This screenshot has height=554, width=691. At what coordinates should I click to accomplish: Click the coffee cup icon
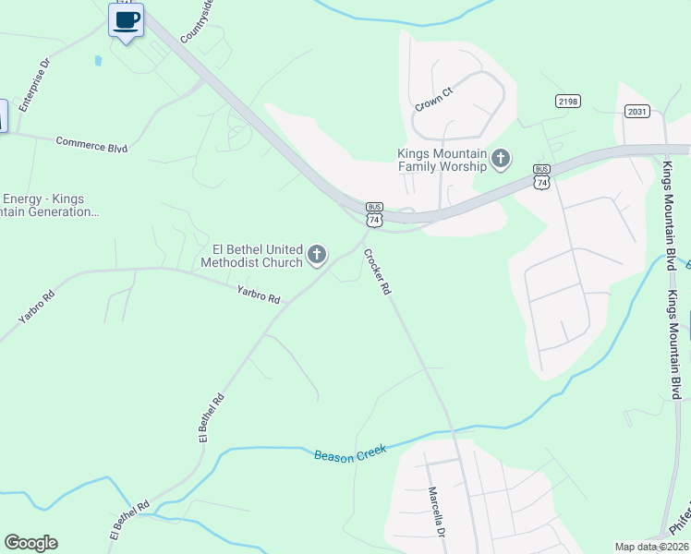tap(126, 19)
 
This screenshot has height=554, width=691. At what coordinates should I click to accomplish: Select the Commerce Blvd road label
tap(91, 144)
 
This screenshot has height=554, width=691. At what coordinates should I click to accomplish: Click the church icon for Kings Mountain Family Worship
tap(501, 160)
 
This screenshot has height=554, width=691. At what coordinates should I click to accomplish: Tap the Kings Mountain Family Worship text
tap(442, 160)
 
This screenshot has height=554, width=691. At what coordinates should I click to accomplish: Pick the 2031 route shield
tap(637, 112)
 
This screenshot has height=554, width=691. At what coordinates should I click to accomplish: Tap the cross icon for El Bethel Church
tap(317, 255)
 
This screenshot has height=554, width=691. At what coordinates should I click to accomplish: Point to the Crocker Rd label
tap(377, 272)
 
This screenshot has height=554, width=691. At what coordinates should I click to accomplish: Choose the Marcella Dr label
tap(435, 513)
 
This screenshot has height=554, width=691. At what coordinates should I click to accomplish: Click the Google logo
tap(30, 543)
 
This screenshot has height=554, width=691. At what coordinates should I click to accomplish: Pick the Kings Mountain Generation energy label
tap(50, 205)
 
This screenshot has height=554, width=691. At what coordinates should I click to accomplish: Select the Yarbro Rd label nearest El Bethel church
tap(258, 295)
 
